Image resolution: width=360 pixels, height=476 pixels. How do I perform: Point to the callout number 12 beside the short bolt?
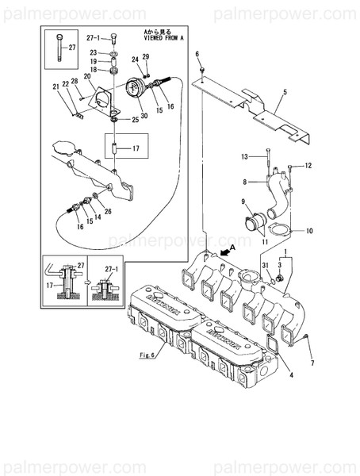click(309, 165)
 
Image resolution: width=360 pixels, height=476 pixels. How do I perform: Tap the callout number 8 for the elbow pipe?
click(246, 182)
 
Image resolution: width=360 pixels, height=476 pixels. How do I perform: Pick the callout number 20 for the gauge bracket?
click(87, 76)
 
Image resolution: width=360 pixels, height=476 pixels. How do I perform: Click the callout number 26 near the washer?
click(108, 211)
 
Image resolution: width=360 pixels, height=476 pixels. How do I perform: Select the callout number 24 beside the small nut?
click(136, 59)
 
